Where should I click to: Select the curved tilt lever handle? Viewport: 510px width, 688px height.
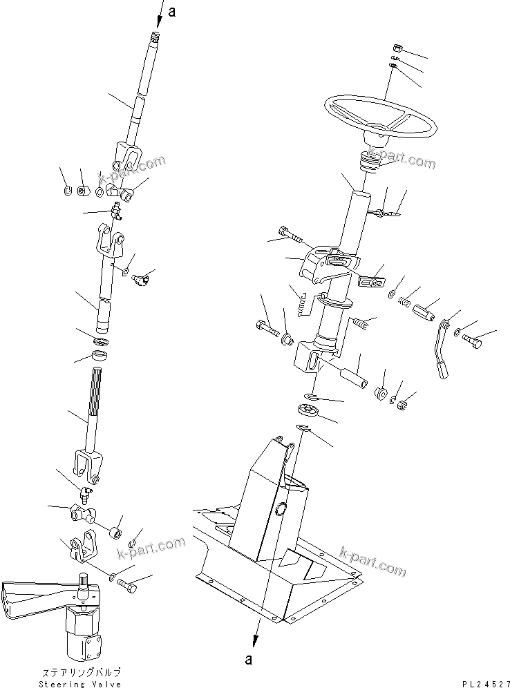[x=441, y=352]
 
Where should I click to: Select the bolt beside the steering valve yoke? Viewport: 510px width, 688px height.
[x=128, y=587]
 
